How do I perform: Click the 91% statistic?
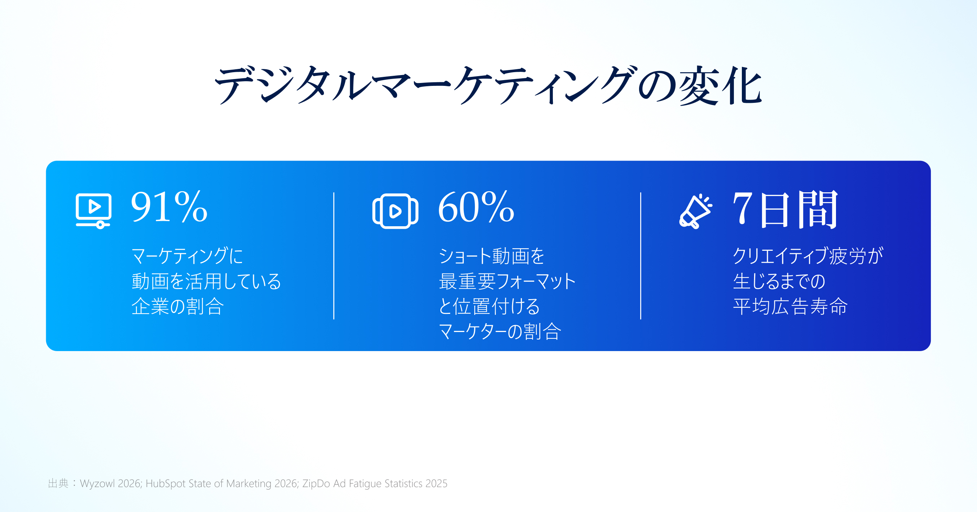(169, 206)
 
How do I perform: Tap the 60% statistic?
(476, 206)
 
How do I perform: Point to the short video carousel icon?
(395, 211)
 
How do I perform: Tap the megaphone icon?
(695, 211)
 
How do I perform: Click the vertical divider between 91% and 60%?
(334, 256)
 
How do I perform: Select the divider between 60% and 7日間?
(641, 256)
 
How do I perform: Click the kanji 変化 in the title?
(720, 86)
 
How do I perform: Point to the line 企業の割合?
(177, 306)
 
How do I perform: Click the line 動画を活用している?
(206, 281)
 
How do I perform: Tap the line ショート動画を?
(492, 256)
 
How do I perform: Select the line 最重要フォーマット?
(507, 281)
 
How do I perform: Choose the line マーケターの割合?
(499, 331)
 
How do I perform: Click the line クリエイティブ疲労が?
(808, 256)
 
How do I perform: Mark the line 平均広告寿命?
(790, 306)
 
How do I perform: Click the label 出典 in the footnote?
(58, 483)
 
